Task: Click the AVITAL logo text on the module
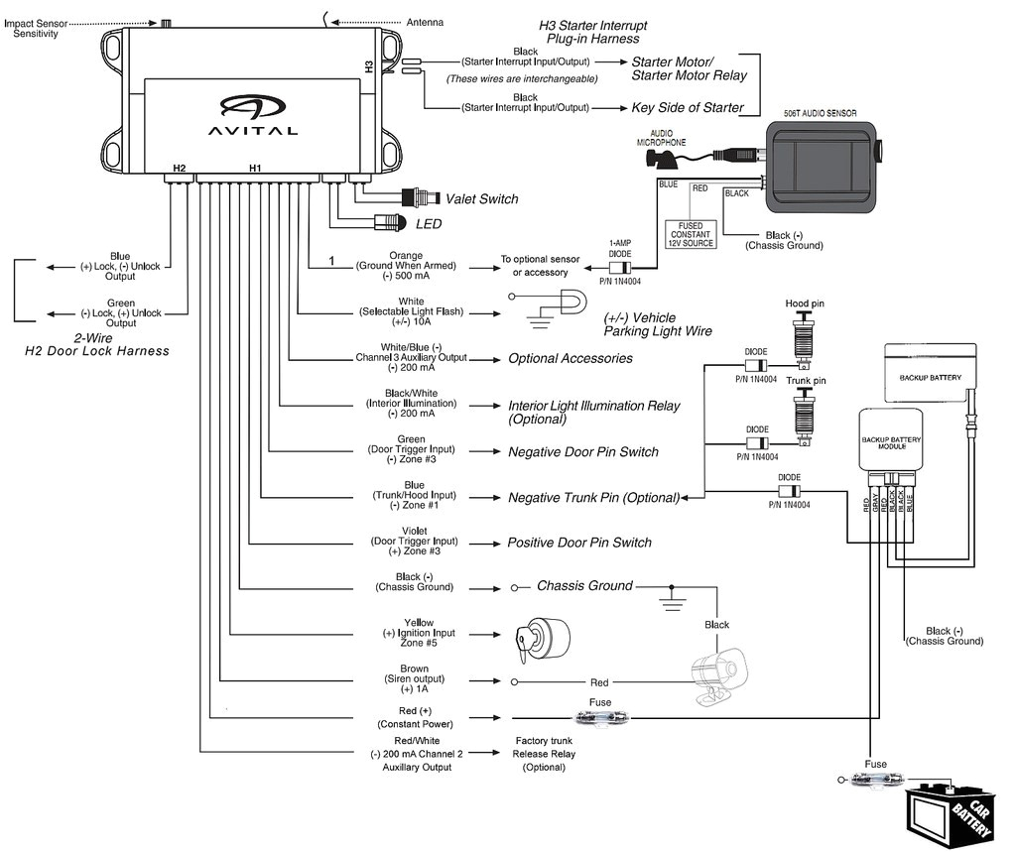(252, 129)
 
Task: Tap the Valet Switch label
(481, 199)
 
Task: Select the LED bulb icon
(389, 223)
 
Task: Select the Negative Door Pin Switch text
(582, 451)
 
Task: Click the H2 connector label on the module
(180, 169)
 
